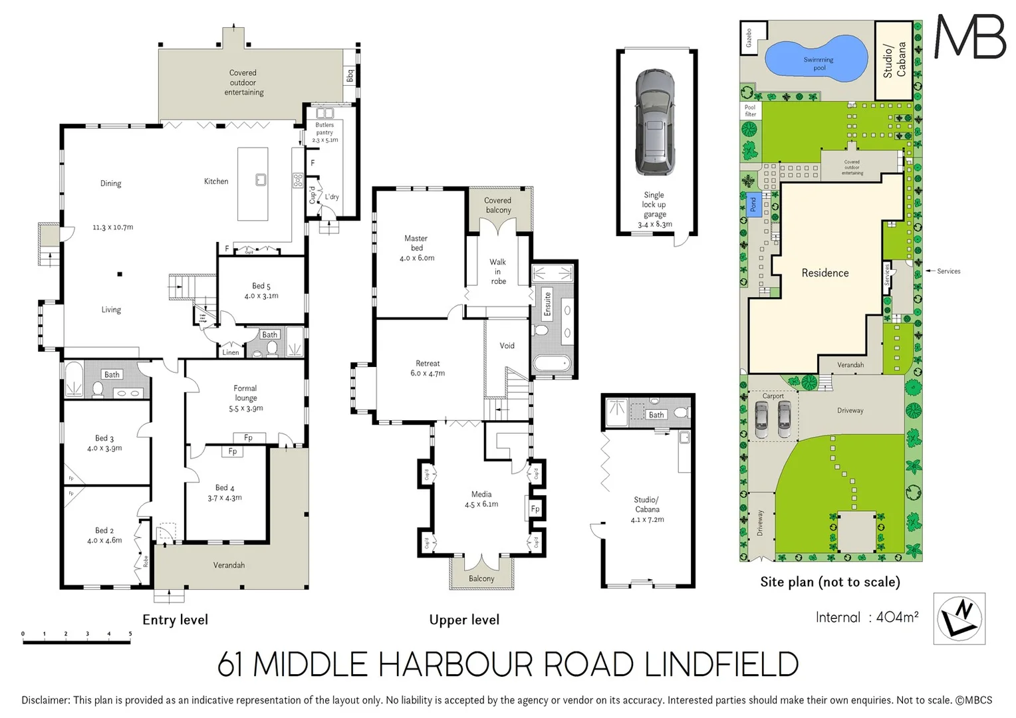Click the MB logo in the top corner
970,37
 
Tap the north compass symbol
959,618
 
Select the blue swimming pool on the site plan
817,59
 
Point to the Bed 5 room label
261,291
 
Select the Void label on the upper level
507,346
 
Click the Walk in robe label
498,271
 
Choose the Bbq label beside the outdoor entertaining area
350,76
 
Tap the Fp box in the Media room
535,509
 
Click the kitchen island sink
261,179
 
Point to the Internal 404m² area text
867,617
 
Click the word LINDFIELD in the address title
721,664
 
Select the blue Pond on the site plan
753,204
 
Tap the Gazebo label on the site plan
749,37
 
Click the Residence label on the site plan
825,273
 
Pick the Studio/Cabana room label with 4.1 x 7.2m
647,509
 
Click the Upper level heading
464,620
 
